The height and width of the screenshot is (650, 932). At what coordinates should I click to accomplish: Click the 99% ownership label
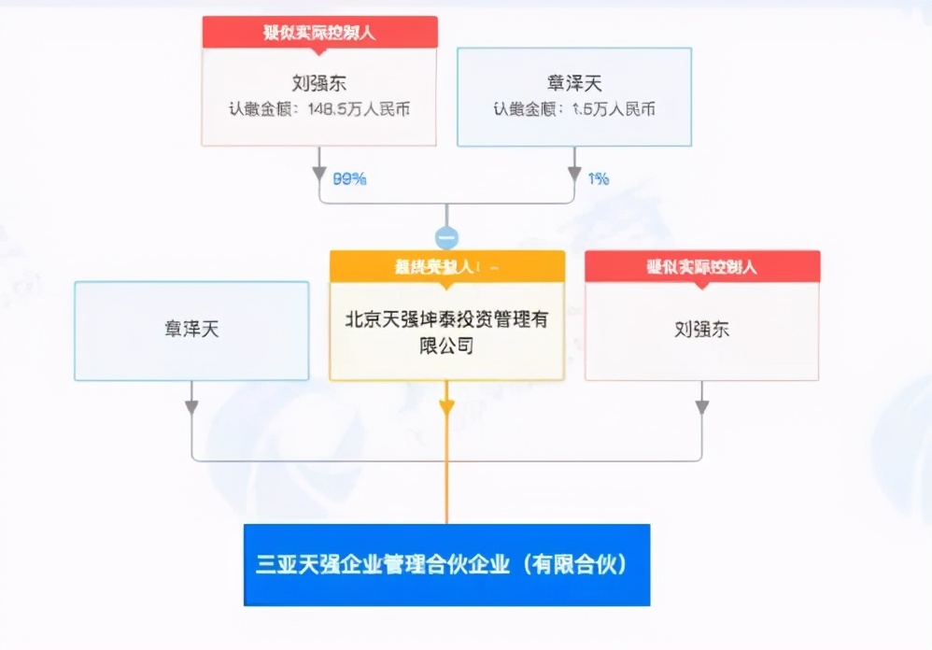pos(350,178)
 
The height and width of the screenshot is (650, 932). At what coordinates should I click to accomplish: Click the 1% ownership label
pos(599,178)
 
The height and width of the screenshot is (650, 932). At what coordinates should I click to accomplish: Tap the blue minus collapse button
pos(446,237)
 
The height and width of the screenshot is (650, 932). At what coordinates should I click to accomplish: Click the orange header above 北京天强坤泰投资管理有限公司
pos(446,266)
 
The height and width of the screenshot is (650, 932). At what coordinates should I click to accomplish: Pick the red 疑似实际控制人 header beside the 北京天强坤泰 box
pos(702,266)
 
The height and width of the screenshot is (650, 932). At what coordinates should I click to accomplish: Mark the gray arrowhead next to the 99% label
pos(319,175)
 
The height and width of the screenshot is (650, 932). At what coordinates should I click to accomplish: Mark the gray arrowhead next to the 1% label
pos(574,175)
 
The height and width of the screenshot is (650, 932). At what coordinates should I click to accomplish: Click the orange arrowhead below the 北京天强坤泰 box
pos(446,407)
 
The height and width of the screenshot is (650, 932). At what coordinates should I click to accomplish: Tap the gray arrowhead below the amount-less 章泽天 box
pos(191,407)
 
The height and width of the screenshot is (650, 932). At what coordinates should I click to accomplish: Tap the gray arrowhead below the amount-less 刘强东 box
pos(702,407)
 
